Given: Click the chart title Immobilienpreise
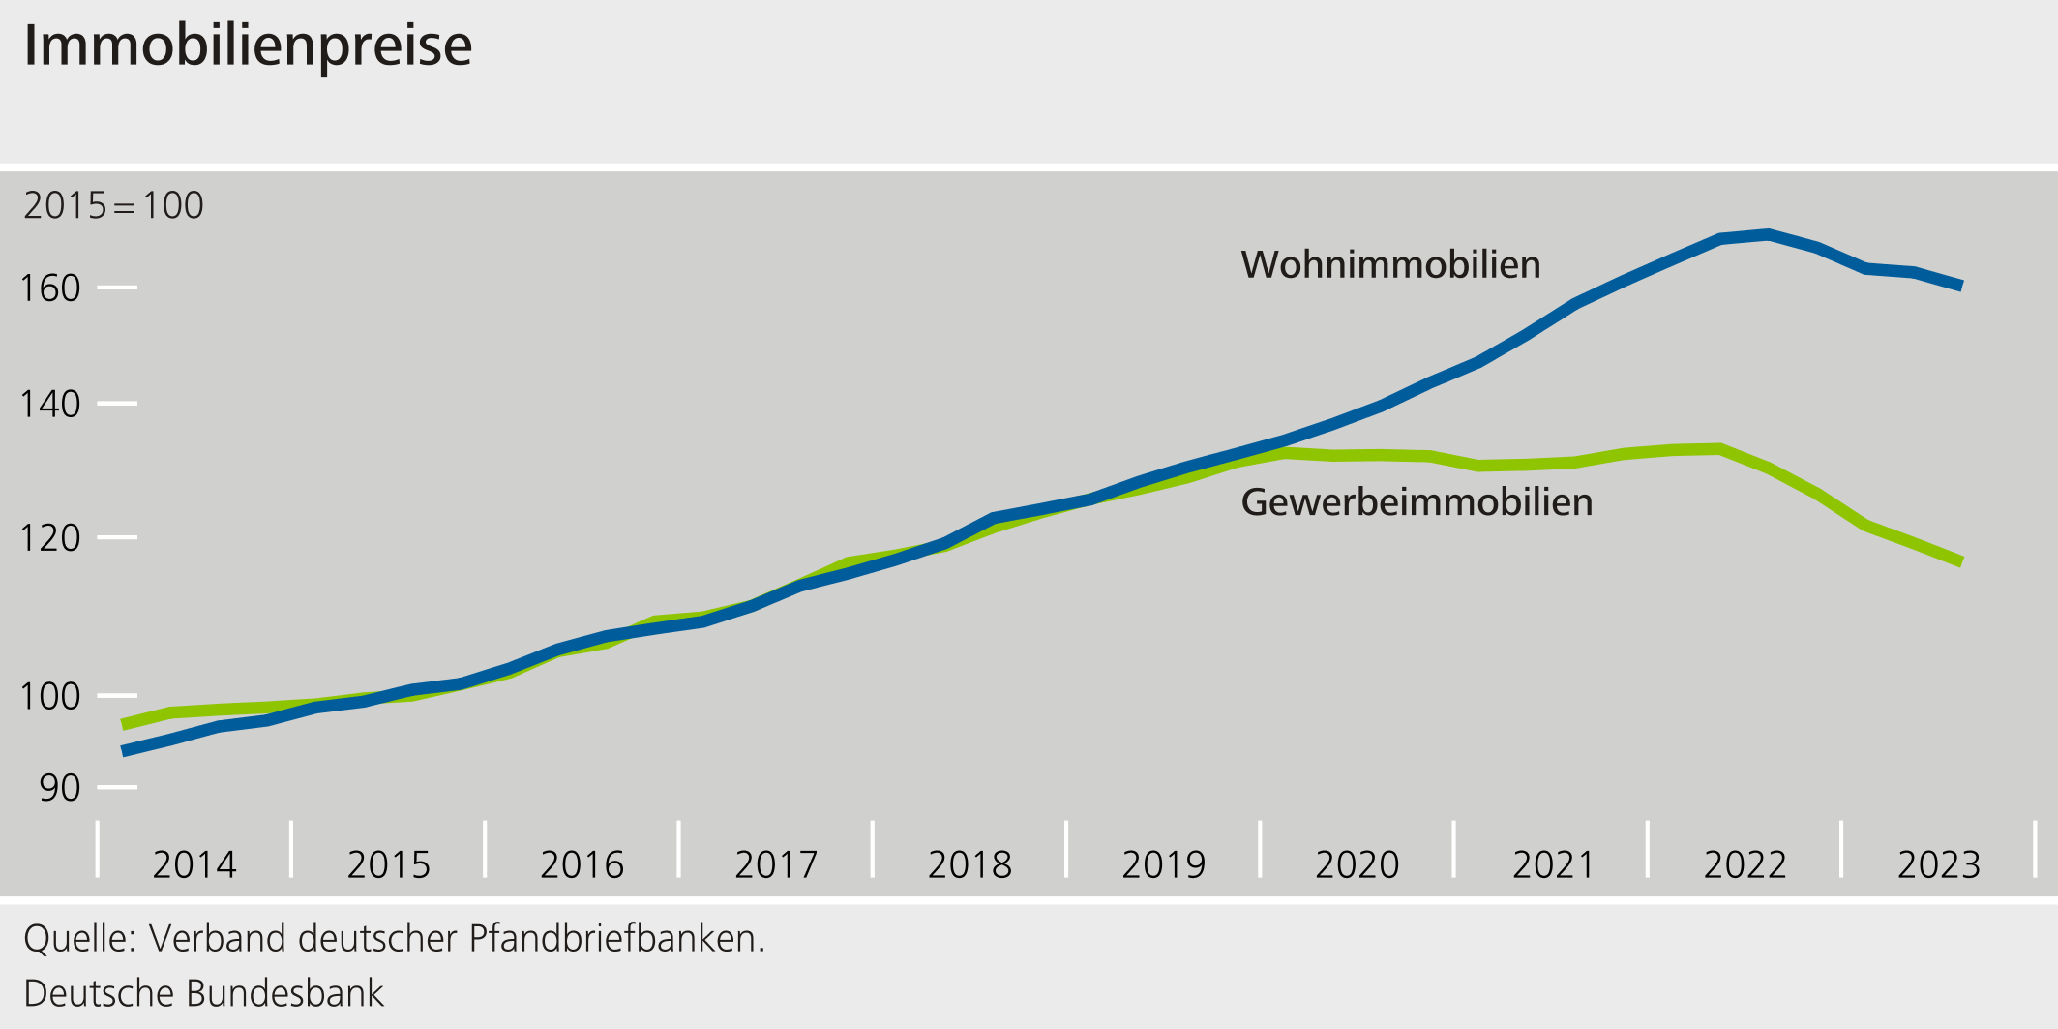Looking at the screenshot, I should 248,45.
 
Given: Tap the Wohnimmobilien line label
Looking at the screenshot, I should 1390,264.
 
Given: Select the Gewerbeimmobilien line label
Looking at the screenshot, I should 1417,502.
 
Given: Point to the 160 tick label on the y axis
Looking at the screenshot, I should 50,288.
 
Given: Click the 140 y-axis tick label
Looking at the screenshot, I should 50,404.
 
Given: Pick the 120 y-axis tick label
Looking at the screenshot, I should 50,538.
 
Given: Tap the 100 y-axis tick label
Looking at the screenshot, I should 50,696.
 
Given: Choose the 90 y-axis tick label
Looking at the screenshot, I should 60,788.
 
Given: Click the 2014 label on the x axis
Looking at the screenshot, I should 194,864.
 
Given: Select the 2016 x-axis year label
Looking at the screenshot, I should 582,864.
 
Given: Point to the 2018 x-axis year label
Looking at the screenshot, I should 969,864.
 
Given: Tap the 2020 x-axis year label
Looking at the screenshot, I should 1357,864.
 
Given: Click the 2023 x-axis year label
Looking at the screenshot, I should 1939,864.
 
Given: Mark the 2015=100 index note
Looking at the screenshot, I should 113,205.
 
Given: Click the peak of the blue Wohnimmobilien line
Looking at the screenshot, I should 1768,234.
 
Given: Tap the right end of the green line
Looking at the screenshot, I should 1960,561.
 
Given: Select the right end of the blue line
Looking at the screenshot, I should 1960,286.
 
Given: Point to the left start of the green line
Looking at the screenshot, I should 124,724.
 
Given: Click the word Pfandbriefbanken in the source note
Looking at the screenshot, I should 616,939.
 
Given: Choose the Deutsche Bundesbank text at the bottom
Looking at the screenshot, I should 203,994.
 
